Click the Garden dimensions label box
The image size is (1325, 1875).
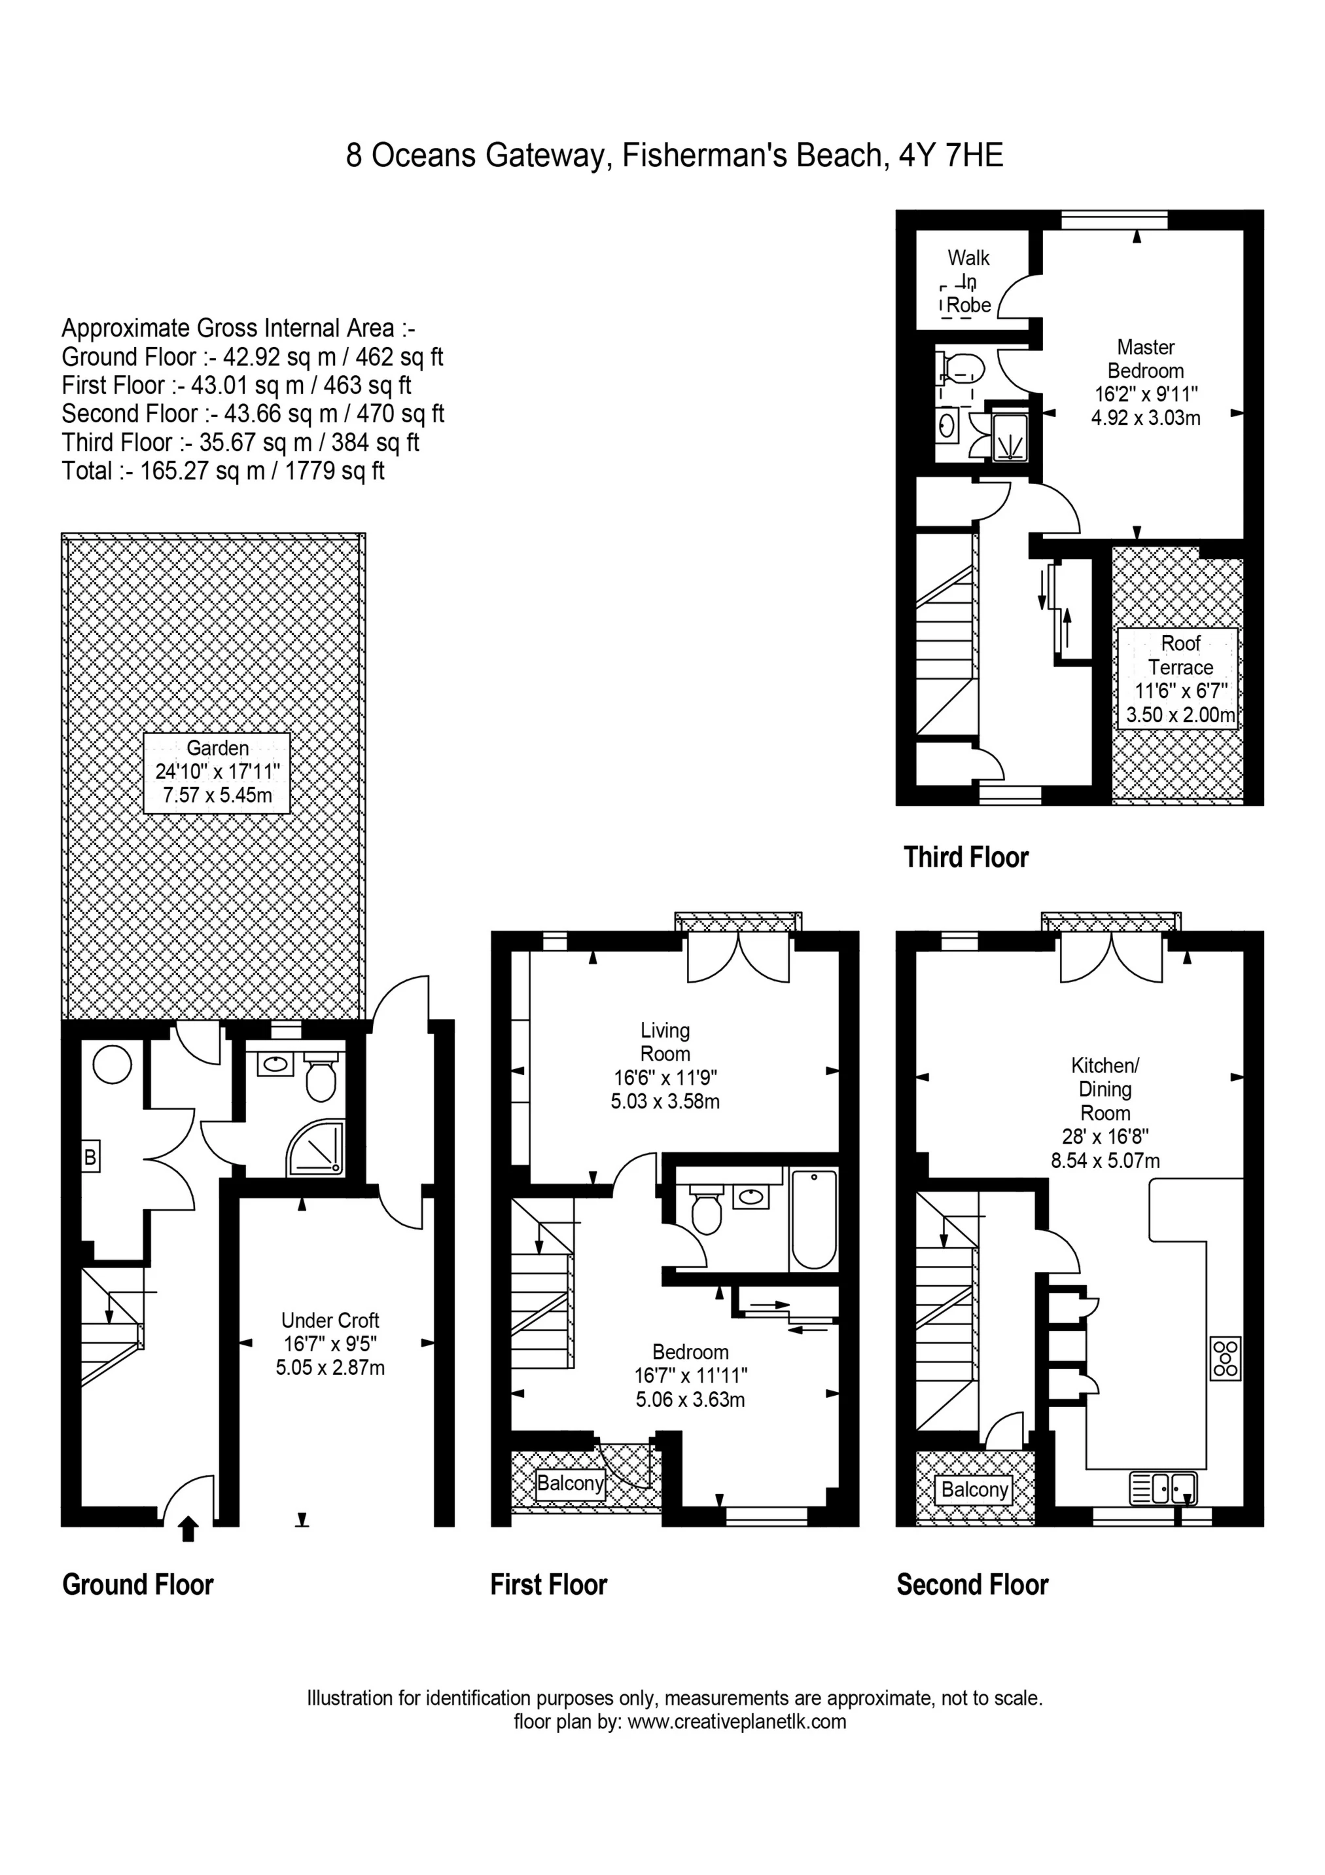point(217,772)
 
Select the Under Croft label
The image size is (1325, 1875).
point(330,1343)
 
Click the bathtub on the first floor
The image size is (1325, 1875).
point(813,1218)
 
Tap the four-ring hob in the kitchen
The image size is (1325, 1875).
point(1226,1357)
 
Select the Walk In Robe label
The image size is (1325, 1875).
point(968,282)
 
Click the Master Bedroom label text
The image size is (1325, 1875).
point(1146,359)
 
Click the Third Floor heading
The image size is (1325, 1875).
point(966,858)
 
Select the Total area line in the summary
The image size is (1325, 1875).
point(223,471)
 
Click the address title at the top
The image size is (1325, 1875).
point(675,155)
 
